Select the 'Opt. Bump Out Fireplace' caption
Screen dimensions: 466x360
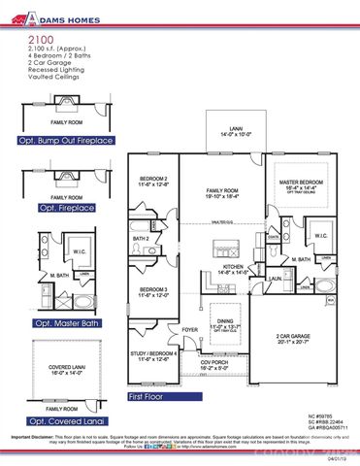(x=67, y=140)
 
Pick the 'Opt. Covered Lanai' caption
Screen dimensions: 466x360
(x=67, y=421)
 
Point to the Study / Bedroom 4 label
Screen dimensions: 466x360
(x=154, y=356)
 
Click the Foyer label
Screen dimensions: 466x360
(x=191, y=329)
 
